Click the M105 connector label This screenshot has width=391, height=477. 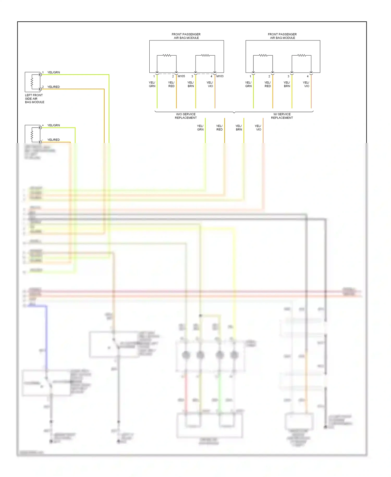pos(181,76)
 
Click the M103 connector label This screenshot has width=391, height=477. pos(220,76)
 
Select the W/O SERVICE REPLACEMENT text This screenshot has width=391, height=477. pos(186,116)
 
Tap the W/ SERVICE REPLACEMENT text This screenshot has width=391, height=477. pos(282,116)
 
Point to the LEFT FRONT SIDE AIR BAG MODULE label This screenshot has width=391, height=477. pos(34,99)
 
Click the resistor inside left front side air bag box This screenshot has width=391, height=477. pos(32,82)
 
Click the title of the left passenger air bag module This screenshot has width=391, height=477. pos(186,36)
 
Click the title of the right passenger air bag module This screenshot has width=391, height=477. pos(282,36)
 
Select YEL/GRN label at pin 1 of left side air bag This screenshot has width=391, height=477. pos(53,72)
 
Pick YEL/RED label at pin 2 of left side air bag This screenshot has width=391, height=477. pos(53,87)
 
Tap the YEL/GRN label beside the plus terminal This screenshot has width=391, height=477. pos(53,125)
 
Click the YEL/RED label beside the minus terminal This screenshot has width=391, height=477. pos(53,140)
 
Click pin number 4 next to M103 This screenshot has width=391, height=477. pos(211,76)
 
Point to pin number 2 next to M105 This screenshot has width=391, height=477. pos(173,76)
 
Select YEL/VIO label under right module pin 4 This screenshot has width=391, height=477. pos(306,84)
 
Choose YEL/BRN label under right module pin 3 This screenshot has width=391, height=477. pos(287,84)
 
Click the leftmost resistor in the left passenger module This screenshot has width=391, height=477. pos(167,55)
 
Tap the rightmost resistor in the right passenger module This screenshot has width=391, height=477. pos(302,55)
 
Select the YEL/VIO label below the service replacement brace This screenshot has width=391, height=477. pos(258,128)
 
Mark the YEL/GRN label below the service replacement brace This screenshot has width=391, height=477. pos(200,128)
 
